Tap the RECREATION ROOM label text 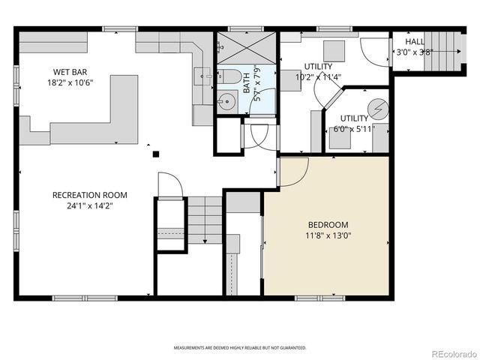[82, 195]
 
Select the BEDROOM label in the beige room [328, 224]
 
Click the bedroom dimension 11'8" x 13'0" [328, 235]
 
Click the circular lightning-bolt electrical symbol [378, 109]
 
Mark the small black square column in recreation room [156, 154]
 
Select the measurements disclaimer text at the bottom [240, 348]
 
